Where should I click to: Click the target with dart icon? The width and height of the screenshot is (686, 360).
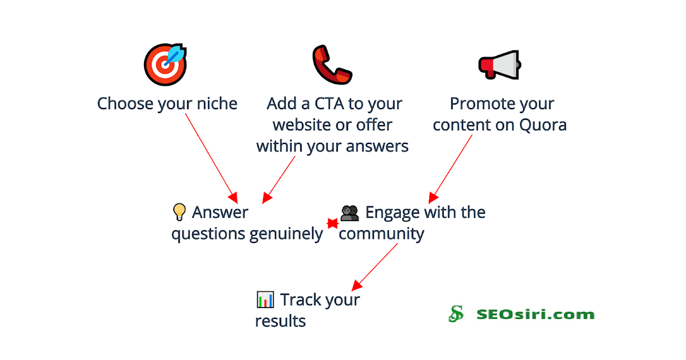165,65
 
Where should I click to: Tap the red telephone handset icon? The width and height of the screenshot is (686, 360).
332,64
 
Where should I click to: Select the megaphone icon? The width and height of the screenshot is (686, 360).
499,65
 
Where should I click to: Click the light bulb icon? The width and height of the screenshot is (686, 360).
180,213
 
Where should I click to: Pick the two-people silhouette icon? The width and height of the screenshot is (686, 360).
349,213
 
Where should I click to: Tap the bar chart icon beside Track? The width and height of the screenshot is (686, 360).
265,299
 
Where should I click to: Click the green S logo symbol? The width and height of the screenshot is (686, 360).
456,314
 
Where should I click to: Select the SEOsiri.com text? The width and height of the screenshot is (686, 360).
535,314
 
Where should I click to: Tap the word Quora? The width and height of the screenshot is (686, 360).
543,125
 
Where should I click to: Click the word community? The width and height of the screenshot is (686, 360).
381,234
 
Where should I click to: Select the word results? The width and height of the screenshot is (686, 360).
280,321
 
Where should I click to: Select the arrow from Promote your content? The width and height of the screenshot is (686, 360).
452,166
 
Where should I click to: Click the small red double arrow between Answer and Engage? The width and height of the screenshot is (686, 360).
332,223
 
